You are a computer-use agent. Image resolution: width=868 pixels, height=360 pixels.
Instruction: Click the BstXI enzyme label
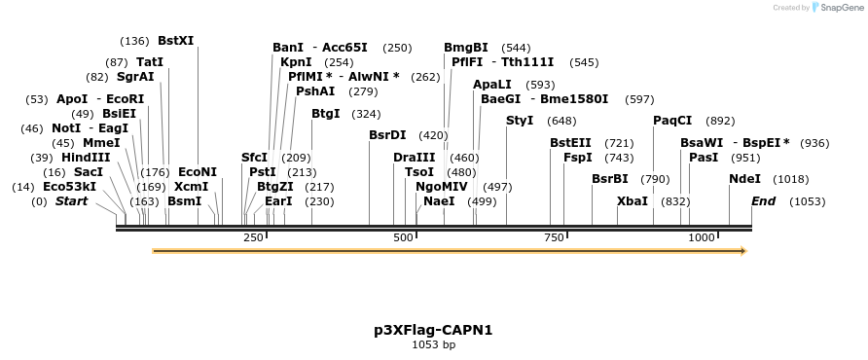pos(176,41)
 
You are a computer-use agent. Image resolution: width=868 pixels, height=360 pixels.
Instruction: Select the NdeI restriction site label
pos(744,179)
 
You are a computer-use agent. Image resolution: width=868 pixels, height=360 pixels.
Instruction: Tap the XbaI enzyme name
pos(633,201)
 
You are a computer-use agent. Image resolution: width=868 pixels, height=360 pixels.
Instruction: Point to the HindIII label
pos(86,158)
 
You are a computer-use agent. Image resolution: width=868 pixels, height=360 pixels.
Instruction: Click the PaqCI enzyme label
pos(672,121)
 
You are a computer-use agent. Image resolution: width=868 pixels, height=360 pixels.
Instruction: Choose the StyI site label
pos(520,121)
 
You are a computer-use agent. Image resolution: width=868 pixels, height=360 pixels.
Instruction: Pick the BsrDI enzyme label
pos(387,135)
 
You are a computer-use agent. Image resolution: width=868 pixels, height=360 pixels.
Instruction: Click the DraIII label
pos(415,158)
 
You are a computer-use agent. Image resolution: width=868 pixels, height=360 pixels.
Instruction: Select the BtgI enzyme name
pos(326,114)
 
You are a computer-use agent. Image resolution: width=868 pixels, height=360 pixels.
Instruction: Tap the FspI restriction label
pos(578,158)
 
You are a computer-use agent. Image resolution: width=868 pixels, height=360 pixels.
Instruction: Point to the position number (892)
pos(720,121)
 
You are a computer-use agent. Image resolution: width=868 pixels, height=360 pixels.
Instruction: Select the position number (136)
pos(134,41)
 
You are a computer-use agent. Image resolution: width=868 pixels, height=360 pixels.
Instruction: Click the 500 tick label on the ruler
pos(403,237)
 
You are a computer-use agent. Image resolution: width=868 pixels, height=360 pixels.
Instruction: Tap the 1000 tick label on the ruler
pos(702,237)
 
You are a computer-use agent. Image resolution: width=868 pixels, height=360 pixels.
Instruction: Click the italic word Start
pos(71,201)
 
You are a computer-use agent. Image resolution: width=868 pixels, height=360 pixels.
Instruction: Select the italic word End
pos(764,201)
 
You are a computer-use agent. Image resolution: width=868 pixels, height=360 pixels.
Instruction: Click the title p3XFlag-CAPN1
pos(433,330)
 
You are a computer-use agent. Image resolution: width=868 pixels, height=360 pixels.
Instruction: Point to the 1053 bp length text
pos(433,344)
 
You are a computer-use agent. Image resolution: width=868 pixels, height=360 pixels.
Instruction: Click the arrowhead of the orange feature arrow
pos(742,251)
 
